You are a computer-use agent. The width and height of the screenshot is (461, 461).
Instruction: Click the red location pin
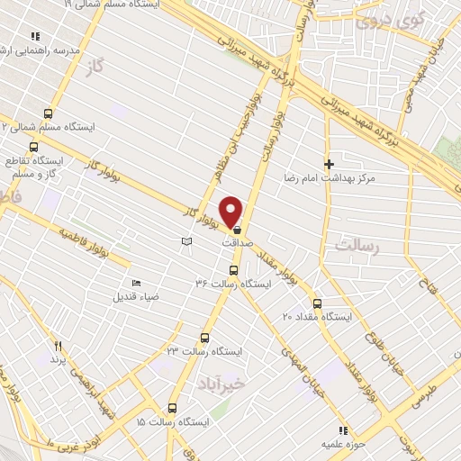(232, 211)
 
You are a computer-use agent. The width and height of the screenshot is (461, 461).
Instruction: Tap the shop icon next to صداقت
(237, 231)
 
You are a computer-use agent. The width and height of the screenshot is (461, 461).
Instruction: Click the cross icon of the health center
(330, 165)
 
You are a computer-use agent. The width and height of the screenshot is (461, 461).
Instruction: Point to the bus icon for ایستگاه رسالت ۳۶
(234, 270)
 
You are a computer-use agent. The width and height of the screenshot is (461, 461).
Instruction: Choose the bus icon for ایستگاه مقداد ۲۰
(317, 303)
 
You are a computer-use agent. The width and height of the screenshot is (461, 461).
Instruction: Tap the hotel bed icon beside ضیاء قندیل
(136, 283)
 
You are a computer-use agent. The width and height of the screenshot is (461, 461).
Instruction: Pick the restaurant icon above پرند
(58, 345)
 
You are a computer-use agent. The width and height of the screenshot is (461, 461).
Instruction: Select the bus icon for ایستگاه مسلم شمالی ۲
(48, 113)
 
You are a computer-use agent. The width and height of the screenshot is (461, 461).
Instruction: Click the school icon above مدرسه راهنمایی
(35, 36)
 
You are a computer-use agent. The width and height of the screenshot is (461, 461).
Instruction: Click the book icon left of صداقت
(186, 242)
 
